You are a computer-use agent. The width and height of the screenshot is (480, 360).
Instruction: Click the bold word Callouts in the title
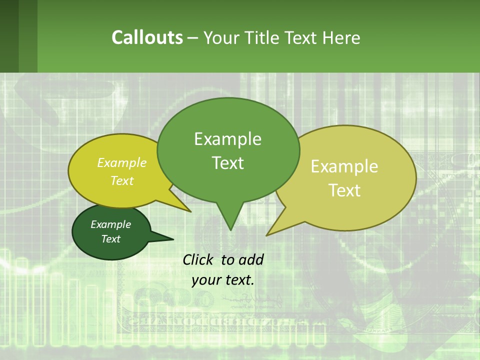(x=147, y=37)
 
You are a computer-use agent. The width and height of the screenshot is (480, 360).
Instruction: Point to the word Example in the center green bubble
(x=227, y=139)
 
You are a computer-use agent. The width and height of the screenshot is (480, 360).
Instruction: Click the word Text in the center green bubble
(x=227, y=163)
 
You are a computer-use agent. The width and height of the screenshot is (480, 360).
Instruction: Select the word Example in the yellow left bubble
(x=122, y=162)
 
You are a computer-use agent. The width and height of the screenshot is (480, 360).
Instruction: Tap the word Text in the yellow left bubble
(x=122, y=180)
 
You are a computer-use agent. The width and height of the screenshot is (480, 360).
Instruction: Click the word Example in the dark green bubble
(x=110, y=224)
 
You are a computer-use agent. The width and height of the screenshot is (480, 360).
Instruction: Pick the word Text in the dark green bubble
(x=110, y=239)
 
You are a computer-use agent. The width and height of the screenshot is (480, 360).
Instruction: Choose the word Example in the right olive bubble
(x=344, y=166)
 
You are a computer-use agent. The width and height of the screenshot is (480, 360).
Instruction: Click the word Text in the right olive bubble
(x=344, y=190)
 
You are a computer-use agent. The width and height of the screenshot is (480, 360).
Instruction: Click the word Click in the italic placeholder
(x=199, y=259)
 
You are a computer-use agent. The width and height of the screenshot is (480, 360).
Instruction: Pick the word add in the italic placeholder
(x=251, y=259)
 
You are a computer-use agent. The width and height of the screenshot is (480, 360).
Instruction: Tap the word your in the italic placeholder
(x=205, y=280)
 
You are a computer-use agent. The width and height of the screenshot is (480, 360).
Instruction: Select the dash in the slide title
(x=193, y=37)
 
